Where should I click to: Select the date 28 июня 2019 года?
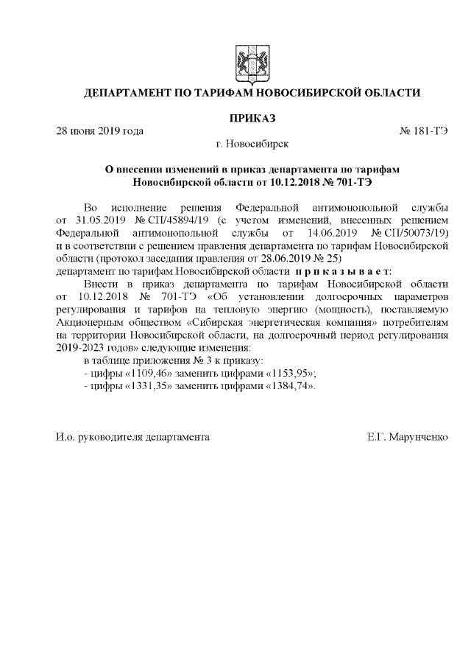coord(100,131)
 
